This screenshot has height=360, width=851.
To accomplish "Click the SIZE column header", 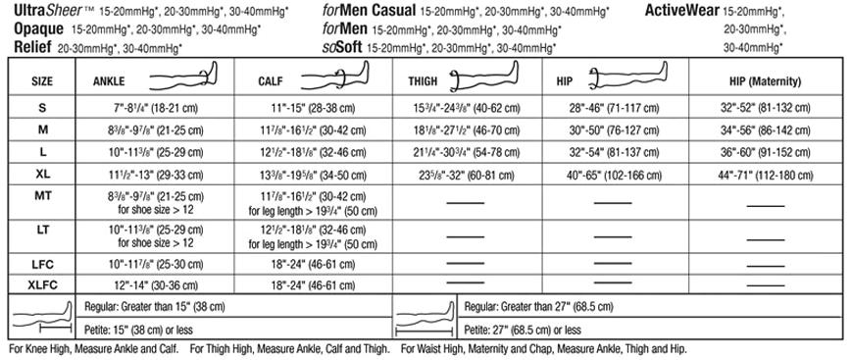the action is tap(41, 81).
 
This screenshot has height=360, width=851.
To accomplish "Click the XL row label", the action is tap(41, 173).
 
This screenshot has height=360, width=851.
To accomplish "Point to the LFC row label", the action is tap(41, 265).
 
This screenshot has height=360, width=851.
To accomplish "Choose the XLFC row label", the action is tap(41, 285).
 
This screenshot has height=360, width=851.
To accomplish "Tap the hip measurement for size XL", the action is tap(617, 173).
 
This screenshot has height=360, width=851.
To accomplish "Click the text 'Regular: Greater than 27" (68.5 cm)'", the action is tap(547, 307).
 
